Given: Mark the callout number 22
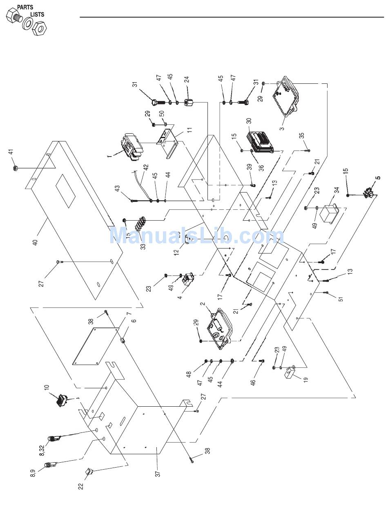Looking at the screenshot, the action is click(80, 486).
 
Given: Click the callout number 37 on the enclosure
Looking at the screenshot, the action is click(157, 473).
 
